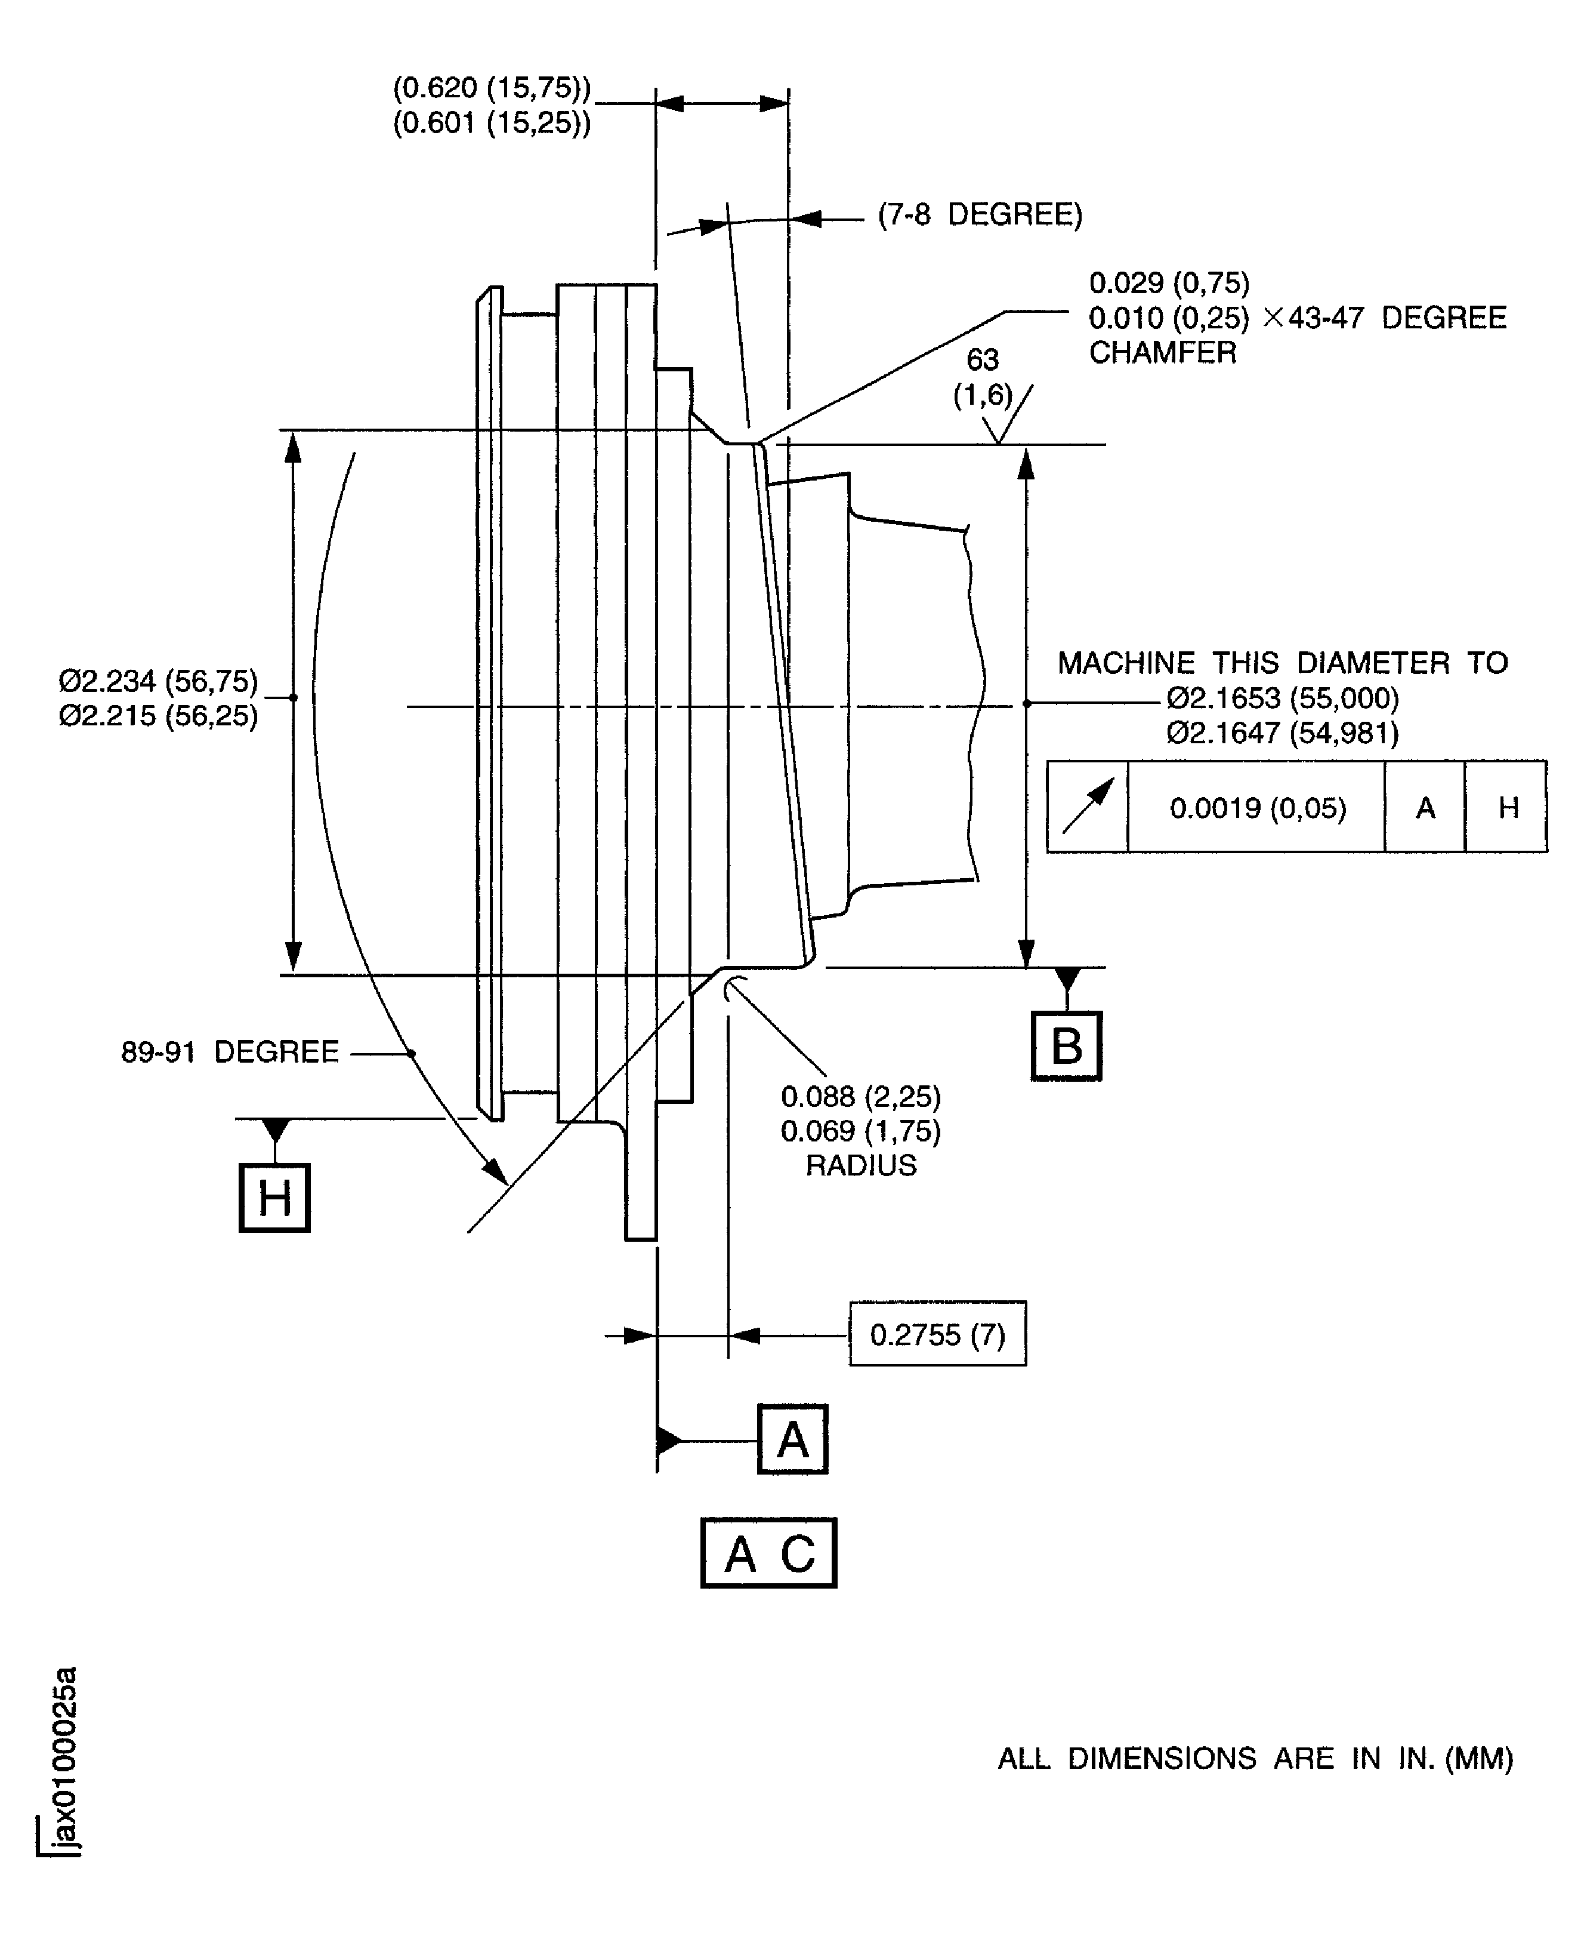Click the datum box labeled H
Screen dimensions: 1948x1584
[274, 1197]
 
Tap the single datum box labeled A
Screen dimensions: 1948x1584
[792, 1439]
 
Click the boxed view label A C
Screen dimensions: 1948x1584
[768, 1553]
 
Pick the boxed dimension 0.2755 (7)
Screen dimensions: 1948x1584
[937, 1334]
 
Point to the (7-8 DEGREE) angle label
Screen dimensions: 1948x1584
[980, 214]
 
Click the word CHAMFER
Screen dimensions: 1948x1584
[1162, 352]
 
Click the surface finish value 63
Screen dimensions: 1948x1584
[983, 359]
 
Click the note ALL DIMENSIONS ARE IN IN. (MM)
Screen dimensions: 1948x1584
[1255, 1759]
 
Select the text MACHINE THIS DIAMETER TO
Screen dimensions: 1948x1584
[1282, 663]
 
